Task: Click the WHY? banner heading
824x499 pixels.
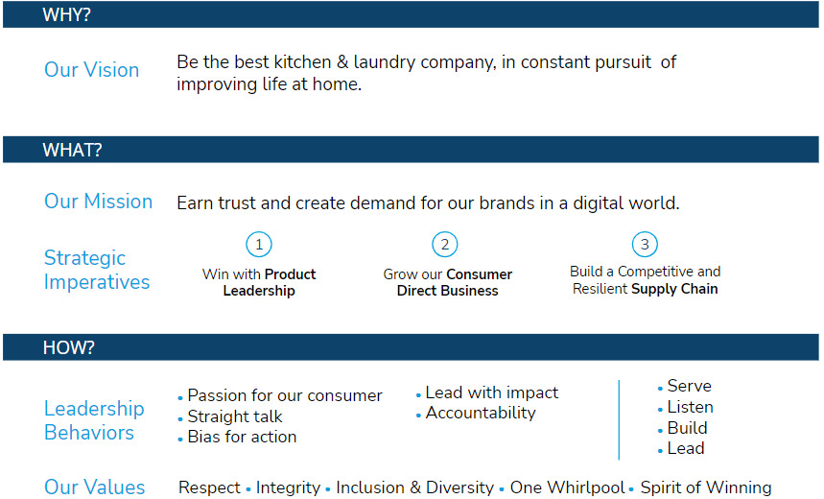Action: (67, 14)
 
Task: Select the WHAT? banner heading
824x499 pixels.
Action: (73, 151)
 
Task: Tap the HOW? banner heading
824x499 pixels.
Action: (69, 347)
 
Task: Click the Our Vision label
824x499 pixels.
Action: (91, 70)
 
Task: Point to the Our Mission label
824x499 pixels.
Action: (98, 202)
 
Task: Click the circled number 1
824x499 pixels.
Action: (259, 245)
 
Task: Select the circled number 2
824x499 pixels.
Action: (444, 245)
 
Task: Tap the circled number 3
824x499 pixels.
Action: (645, 245)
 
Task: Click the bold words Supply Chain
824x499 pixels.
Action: (674, 289)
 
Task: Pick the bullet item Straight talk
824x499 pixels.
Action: (235, 416)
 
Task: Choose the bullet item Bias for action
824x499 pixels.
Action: (242, 437)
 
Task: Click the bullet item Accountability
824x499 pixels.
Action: (481, 414)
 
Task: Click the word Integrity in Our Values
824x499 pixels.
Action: (288, 487)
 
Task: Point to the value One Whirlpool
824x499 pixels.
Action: (567, 487)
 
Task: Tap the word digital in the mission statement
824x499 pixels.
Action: (596, 203)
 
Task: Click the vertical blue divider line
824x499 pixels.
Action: (619, 419)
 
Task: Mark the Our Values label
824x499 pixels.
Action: (95, 487)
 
